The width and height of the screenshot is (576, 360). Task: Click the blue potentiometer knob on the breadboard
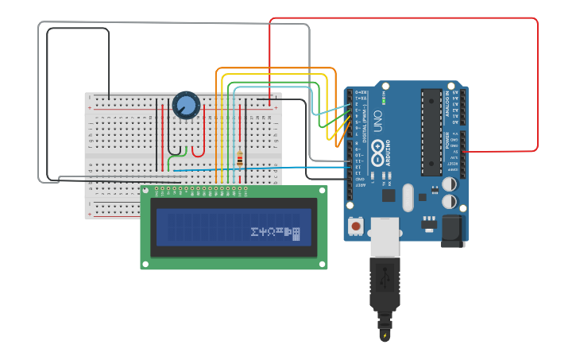186,105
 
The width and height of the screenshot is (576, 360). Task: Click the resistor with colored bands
240,159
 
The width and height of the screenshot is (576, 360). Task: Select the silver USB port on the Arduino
385,236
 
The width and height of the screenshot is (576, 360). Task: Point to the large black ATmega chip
431,132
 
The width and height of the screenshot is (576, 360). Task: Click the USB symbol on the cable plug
385,280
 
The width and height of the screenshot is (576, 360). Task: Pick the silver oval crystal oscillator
408,198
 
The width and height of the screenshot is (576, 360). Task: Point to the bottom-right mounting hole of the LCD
321,264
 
